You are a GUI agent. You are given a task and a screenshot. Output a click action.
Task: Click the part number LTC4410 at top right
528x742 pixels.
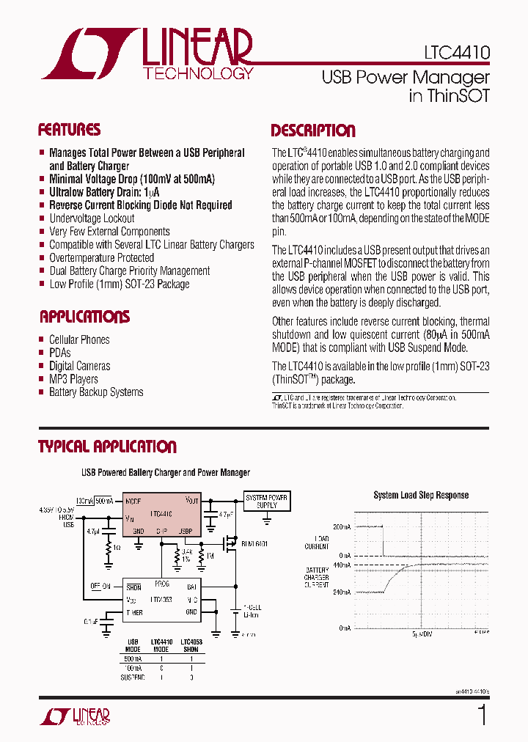456,54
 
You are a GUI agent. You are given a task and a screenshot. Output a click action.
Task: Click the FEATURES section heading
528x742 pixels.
69,131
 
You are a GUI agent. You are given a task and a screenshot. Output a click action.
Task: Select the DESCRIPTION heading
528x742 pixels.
313,131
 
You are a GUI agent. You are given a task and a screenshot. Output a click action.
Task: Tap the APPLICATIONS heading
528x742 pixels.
84,317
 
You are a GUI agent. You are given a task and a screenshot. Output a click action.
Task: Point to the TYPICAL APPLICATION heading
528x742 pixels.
107,447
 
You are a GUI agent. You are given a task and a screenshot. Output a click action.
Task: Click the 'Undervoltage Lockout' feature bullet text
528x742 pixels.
92,218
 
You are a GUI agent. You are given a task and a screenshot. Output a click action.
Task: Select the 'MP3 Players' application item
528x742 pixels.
73,379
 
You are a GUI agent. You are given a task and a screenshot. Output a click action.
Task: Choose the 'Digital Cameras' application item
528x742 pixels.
79,366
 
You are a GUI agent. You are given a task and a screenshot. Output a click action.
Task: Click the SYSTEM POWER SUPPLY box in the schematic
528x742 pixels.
267,501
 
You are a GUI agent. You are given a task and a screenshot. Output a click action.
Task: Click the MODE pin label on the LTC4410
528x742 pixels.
133,502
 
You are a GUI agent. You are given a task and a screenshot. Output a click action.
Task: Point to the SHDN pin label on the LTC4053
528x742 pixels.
133,587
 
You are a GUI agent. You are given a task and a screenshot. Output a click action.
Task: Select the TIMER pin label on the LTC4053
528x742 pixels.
134,611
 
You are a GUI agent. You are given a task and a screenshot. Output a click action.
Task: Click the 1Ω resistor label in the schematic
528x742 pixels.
116,547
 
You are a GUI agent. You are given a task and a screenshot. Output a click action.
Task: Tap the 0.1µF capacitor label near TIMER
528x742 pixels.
91,620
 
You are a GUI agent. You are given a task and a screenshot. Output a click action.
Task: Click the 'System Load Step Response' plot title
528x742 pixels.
421,495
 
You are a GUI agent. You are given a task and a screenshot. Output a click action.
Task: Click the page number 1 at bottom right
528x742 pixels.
482,715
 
